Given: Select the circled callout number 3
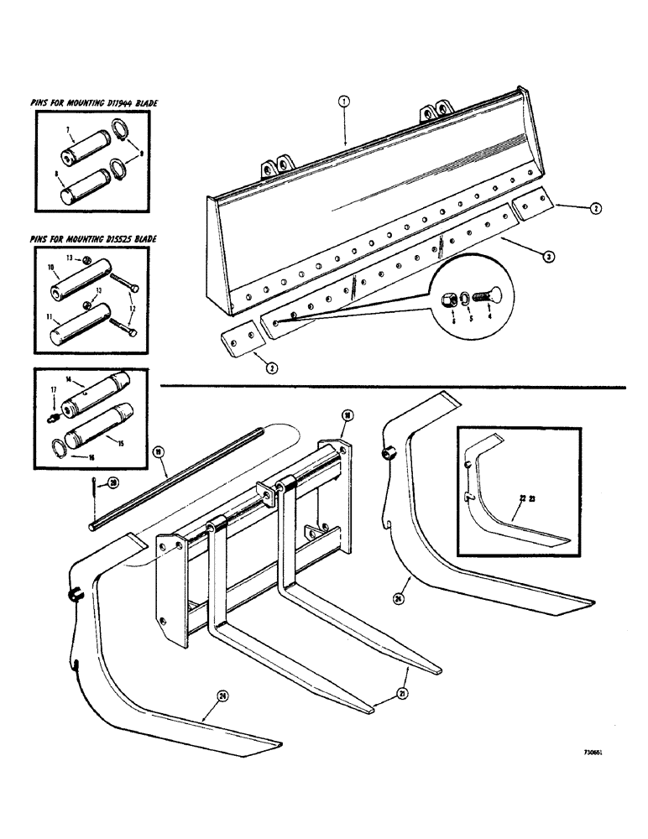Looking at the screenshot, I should [547, 258].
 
